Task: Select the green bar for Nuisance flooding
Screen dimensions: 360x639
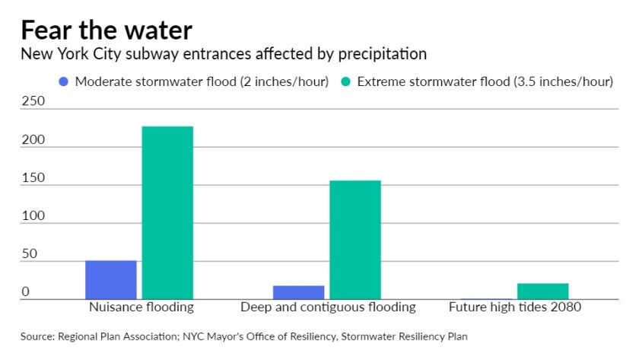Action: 167,212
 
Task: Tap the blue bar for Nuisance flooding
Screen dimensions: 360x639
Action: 111,279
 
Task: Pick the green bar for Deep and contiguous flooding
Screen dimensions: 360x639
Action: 355,239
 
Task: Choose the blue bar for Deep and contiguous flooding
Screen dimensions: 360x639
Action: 299,292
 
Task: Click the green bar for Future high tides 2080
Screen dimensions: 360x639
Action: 543,291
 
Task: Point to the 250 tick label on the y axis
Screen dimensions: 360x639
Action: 33,101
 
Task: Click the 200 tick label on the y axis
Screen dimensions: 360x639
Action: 33,140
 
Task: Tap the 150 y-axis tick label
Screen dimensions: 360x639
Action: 33,178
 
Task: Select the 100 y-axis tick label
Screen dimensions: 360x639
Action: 33,216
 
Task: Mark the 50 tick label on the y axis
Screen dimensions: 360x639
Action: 30,254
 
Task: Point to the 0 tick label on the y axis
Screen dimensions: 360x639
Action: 25,292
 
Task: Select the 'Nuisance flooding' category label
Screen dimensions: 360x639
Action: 141,307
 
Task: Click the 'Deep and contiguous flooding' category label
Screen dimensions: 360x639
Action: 328,307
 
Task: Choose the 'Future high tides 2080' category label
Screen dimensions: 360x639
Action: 515,307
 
